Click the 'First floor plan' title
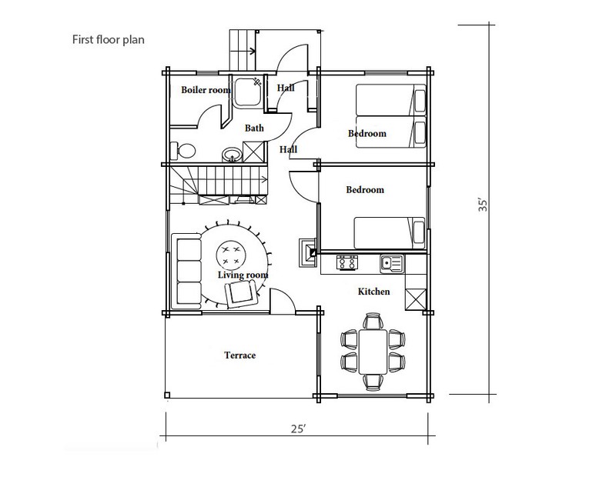pyautogui.click(x=108, y=40)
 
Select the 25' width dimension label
pyautogui.click(x=299, y=429)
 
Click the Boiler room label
pyautogui.click(x=206, y=90)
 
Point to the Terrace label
pyautogui.click(x=240, y=355)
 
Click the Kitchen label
pyautogui.click(x=374, y=292)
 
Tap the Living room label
pyautogui.click(x=243, y=275)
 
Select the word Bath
pyautogui.click(x=254, y=128)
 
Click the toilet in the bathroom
pyautogui.click(x=183, y=150)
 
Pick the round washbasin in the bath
pyautogui.click(x=233, y=155)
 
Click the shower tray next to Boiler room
pyautogui.click(x=246, y=92)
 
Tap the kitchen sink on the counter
pyautogui.click(x=392, y=262)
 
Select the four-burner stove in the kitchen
pyautogui.click(x=347, y=262)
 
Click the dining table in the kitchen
pyautogui.click(x=373, y=352)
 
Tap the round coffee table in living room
pyautogui.click(x=232, y=255)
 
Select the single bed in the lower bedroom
pyautogui.click(x=390, y=233)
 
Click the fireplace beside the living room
pyautogui.click(x=307, y=253)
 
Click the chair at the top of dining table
pyautogui.click(x=373, y=321)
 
